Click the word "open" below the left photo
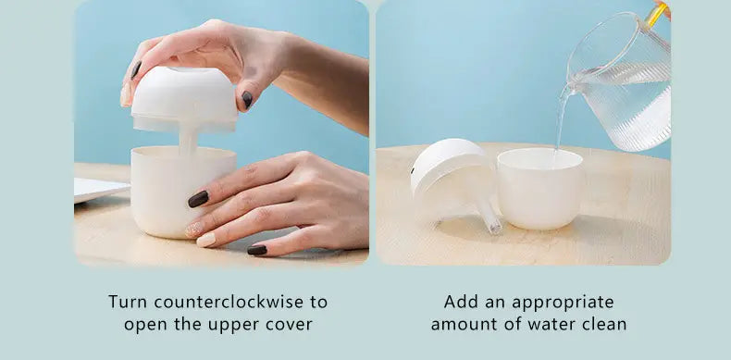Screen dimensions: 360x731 click(x=148, y=325)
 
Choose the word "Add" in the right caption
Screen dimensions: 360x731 click(x=461, y=302)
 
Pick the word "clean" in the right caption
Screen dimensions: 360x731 click(x=605, y=324)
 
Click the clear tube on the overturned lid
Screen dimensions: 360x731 click(x=489, y=216)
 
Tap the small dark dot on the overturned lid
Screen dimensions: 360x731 click(x=414, y=171)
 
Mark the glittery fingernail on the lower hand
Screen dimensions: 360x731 click(x=193, y=229)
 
